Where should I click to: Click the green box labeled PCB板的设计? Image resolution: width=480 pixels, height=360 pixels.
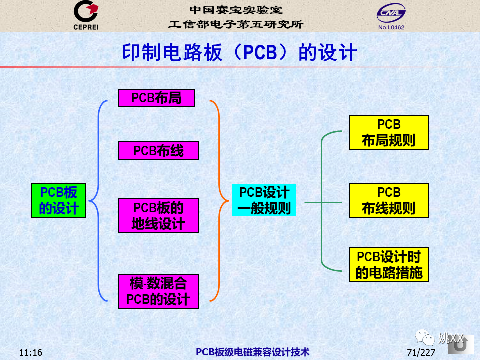click(x=59, y=201)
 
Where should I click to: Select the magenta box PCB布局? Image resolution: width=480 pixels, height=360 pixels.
click(x=156, y=98)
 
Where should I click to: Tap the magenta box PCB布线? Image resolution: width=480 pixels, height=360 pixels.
click(x=158, y=151)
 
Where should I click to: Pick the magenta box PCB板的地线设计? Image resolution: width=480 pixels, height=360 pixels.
click(x=158, y=216)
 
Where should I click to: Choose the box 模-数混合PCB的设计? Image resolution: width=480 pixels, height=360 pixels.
click(x=158, y=291)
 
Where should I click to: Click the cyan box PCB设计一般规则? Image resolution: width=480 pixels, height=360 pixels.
click(x=264, y=200)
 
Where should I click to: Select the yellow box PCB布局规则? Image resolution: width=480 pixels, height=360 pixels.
click(x=389, y=133)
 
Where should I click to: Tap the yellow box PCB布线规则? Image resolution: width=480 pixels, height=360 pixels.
click(x=389, y=201)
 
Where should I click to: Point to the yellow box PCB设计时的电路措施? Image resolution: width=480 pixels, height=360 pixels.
click(x=389, y=265)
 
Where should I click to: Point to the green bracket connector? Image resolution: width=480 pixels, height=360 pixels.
click(x=322, y=202)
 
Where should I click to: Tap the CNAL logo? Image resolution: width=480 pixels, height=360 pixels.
click(x=391, y=13)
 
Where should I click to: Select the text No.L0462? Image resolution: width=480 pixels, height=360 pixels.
click(x=391, y=27)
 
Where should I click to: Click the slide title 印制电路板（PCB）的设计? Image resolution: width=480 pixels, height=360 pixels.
click(x=239, y=52)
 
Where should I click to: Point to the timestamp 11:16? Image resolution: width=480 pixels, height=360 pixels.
click(x=31, y=352)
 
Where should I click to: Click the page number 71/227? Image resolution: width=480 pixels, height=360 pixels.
click(x=421, y=352)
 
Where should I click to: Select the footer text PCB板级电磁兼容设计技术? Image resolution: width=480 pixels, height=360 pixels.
click(x=253, y=352)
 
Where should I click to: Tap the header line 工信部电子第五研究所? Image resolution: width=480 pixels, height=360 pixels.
click(x=235, y=24)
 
